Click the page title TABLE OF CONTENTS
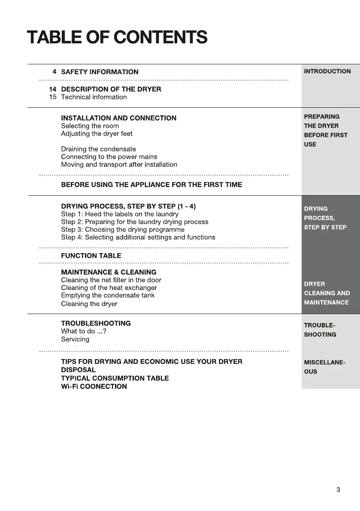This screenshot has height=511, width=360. point(117,37)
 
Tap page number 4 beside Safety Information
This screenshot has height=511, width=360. point(54,72)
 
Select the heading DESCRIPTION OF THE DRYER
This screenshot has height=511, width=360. point(111,89)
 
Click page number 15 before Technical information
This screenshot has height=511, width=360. point(53,97)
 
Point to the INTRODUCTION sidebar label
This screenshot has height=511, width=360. point(327,71)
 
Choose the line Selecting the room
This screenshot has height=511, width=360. point(90,126)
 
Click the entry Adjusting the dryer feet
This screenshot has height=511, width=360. point(97,133)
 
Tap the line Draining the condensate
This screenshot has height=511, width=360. point(98,149)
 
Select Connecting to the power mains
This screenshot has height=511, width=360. point(109,157)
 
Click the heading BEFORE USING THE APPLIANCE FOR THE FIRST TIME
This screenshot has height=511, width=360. point(151,184)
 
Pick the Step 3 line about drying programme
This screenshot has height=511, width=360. point(122,230)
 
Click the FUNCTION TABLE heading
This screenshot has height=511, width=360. point(91,256)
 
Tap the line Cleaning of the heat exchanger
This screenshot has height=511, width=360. point(109,287)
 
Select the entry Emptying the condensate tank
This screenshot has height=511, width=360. point(108,295)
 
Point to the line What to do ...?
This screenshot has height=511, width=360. point(83,331)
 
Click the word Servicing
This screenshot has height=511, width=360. point(75,339)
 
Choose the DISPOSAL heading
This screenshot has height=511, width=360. point(78,370)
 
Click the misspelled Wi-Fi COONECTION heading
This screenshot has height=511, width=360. point(94,386)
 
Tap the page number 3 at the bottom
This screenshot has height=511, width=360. point(338,490)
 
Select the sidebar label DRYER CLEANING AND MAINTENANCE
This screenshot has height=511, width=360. point(327,293)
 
